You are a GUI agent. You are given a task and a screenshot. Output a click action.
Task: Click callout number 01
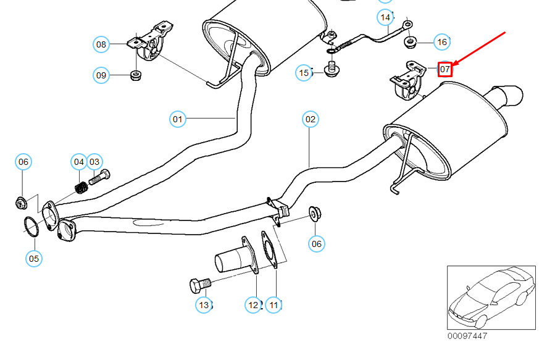(178, 118)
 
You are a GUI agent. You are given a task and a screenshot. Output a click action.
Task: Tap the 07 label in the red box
(444, 69)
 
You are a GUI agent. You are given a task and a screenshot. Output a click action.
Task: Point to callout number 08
(101, 44)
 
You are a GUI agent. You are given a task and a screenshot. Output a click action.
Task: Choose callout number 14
(386, 17)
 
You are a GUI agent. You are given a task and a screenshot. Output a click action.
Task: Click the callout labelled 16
(441, 42)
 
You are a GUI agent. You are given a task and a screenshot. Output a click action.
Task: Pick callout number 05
(34, 257)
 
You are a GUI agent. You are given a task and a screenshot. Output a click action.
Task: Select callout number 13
(204, 304)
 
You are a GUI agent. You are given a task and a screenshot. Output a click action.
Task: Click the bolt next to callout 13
(199, 285)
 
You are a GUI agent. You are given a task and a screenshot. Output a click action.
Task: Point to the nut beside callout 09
(135, 76)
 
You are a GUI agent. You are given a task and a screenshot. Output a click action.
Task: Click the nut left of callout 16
(409, 41)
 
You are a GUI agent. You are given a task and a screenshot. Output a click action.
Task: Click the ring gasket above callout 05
(31, 227)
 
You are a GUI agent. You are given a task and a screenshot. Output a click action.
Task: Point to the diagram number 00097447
(467, 337)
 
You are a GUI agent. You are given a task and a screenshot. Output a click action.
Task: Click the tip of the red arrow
(454, 65)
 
